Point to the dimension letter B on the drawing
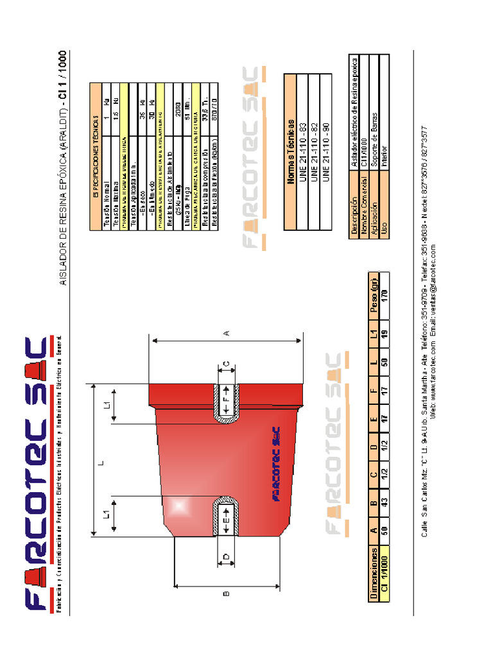(225, 593)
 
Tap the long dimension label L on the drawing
(101, 462)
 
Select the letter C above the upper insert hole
(226, 364)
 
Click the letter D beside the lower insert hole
(226, 556)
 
